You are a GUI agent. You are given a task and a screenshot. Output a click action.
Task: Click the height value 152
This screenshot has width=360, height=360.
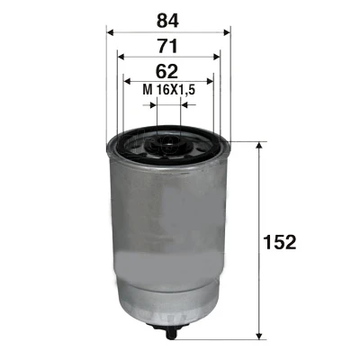point(280,242)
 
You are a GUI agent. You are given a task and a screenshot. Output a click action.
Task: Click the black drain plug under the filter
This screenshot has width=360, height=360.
point(169,333)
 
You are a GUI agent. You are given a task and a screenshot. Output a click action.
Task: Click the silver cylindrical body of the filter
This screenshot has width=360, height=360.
point(169,234)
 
